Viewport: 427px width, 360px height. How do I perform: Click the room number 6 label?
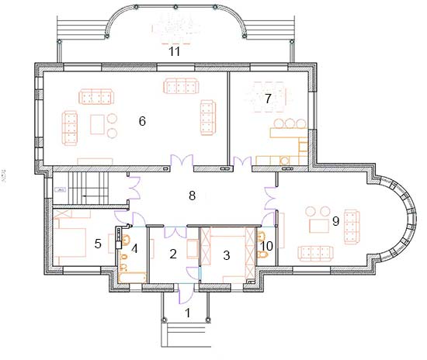142,121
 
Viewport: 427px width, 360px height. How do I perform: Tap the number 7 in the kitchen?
269,99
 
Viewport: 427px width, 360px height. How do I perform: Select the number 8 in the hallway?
193,196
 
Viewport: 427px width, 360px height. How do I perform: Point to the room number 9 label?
335,221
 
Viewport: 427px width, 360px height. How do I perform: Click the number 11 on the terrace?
175,51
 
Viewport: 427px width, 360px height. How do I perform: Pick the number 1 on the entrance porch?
188,313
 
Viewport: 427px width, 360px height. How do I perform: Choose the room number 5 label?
98,244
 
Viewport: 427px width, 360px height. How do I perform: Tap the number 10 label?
267,246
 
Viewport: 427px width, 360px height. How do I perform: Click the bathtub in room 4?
133,277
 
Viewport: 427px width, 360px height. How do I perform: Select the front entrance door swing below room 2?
186,294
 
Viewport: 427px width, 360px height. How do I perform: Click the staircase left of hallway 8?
88,189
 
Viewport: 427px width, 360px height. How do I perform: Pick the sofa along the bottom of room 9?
316,254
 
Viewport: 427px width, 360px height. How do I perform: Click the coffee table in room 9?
319,226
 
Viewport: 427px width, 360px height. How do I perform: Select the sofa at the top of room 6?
181,86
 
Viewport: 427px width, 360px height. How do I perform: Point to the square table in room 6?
98,124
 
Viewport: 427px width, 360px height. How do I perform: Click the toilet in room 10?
262,255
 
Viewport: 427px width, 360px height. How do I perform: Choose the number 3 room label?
227,255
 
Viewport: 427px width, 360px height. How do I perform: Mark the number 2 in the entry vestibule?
173,254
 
